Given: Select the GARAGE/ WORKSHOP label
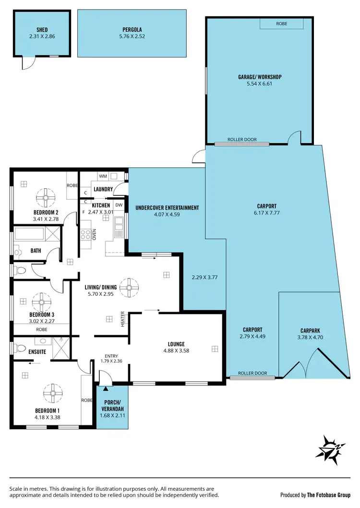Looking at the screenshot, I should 259,77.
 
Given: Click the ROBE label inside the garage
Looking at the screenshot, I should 282,23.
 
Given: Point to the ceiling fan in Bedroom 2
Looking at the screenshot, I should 46,196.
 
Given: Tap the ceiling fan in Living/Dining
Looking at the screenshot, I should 128,288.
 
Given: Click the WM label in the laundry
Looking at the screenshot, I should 103,176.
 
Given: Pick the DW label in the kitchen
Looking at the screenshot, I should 119,205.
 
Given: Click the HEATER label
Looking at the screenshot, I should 122,319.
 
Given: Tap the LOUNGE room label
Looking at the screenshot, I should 176,344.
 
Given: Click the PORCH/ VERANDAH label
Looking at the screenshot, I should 112,405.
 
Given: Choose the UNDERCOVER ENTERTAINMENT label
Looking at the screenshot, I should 167,208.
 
